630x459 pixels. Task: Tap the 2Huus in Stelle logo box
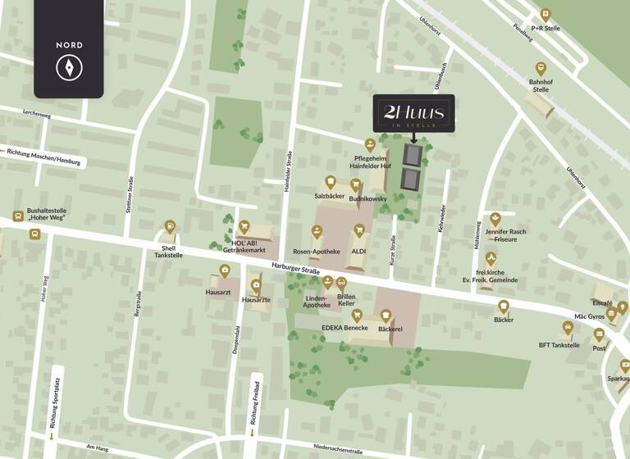[x=413, y=113]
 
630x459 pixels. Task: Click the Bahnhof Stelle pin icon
[x=541, y=69]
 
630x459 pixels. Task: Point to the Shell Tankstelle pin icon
[x=169, y=226]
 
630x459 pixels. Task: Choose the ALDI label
[x=358, y=251]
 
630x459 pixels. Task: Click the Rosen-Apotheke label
[x=316, y=251]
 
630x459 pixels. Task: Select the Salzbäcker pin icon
[x=330, y=182]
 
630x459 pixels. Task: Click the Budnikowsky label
[x=367, y=198]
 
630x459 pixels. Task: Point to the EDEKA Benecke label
[x=345, y=328]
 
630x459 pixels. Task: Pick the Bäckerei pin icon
[x=386, y=315]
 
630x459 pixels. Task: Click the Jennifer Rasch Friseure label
[x=506, y=236]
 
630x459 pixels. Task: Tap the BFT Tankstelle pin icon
[x=568, y=328]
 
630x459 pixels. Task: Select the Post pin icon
[x=600, y=334]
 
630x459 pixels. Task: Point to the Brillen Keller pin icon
[x=341, y=283]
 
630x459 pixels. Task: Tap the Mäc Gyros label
[x=589, y=316]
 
